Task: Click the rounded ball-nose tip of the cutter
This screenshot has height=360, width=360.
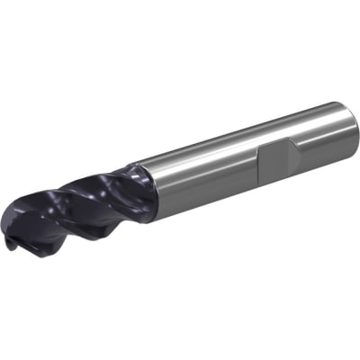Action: pyautogui.click(x=20, y=236)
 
